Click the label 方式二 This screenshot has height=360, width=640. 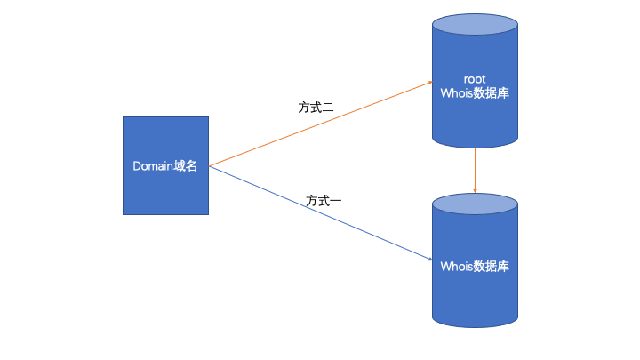pyautogui.click(x=316, y=108)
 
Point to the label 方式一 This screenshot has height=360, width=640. pyautogui.click(x=324, y=201)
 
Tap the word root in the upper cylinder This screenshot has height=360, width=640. pyautogui.click(x=476, y=78)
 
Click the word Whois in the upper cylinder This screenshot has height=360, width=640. pyautogui.click(x=458, y=92)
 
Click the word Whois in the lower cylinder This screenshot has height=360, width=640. pyautogui.click(x=458, y=267)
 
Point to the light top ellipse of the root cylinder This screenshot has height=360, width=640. pyautogui.click(x=476, y=24)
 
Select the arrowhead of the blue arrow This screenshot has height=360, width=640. pyautogui.click(x=428, y=258)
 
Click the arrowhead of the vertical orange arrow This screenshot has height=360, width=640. pyautogui.click(x=476, y=189)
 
